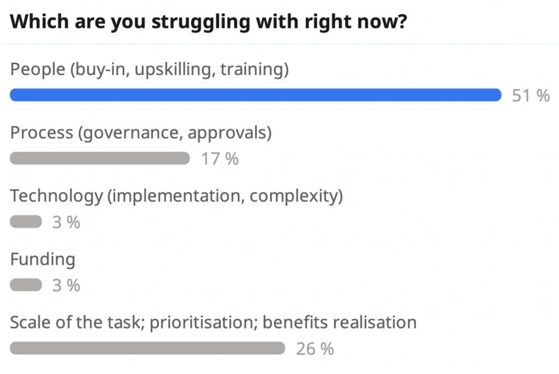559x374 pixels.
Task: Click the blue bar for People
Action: coord(255,95)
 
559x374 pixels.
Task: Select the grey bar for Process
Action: coord(100,158)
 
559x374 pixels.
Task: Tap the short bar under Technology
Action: coord(26,222)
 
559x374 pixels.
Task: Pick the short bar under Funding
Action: coord(26,285)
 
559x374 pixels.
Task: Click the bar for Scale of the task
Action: coord(147,348)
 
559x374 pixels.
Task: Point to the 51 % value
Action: coord(531,96)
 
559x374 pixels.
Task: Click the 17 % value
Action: coord(220,159)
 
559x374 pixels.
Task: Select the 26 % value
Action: coord(315,349)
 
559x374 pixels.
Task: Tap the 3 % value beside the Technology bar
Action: coord(66,222)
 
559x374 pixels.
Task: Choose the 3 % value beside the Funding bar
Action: coord(66,286)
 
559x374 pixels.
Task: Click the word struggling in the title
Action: coord(201,22)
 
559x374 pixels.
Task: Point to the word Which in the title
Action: coord(39,21)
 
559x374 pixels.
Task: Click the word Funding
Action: coord(43,259)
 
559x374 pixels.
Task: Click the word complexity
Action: coord(293,196)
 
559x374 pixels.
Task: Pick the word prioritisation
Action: coord(204,322)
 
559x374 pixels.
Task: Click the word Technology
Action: coord(56,196)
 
